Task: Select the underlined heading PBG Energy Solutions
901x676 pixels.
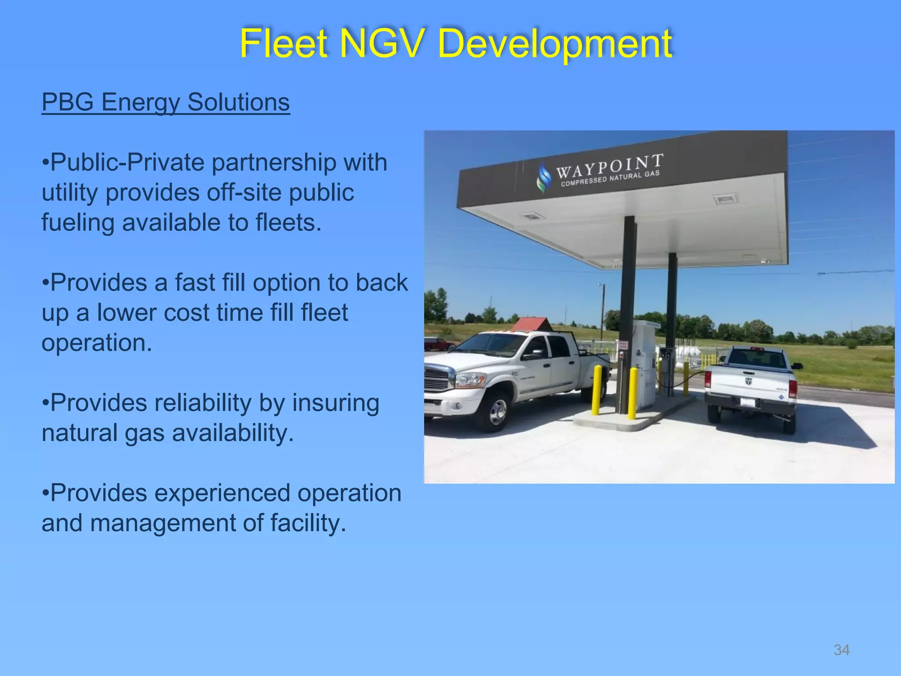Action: point(165,102)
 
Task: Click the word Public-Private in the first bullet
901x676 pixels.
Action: point(128,163)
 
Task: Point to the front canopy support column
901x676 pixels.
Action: point(627,308)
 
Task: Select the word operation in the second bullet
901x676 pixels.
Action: point(97,343)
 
